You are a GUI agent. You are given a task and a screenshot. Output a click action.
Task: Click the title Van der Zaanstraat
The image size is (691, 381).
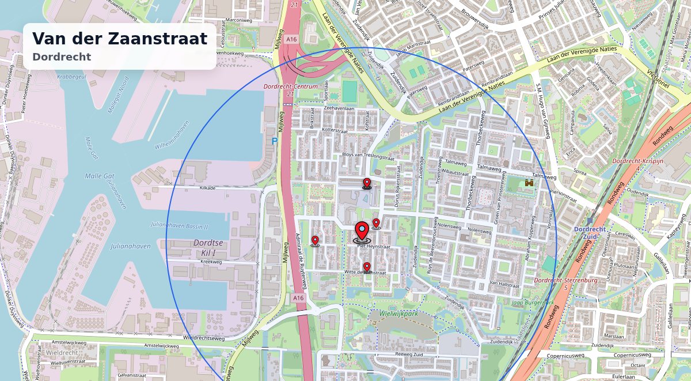point(120,39)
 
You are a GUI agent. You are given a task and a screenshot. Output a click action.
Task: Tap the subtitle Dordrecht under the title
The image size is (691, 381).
point(62,57)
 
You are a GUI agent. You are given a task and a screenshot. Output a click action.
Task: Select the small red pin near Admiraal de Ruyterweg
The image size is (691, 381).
point(315,241)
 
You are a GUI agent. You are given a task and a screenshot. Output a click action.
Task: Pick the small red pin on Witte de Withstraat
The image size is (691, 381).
point(367,267)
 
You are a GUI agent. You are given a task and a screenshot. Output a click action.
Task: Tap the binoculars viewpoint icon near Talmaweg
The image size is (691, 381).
point(529,183)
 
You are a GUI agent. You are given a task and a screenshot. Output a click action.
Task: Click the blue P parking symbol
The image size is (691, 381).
point(275,141)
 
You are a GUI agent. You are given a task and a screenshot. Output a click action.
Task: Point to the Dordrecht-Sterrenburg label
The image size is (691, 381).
point(565,280)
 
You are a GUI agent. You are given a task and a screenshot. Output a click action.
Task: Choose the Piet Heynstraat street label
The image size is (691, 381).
point(374,246)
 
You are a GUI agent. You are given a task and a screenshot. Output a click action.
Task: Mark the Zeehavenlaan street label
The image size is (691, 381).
point(339,108)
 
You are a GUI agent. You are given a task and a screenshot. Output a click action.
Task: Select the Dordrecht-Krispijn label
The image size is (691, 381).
point(639,161)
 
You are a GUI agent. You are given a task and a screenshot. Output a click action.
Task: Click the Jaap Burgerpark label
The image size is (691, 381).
point(533,302)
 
